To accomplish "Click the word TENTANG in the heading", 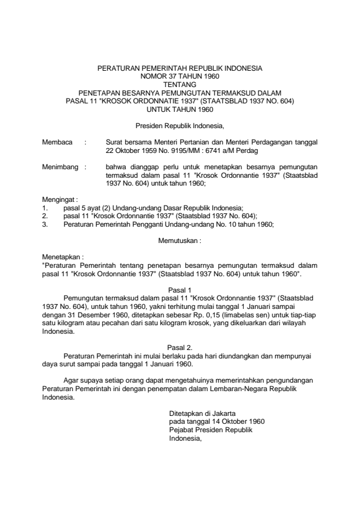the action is pyautogui.click(x=180, y=85).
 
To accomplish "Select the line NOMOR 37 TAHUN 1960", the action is pyautogui.click(x=180, y=77).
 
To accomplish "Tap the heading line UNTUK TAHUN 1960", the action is pyautogui.click(x=180, y=109).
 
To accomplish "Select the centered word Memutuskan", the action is pyautogui.click(x=180, y=240).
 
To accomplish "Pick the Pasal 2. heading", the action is pyautogui.click(x=180, y=346).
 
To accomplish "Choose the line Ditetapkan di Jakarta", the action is pyautogui.click(x=201, y=413).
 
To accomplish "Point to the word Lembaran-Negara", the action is pyautogui.click(x=249, y=390).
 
